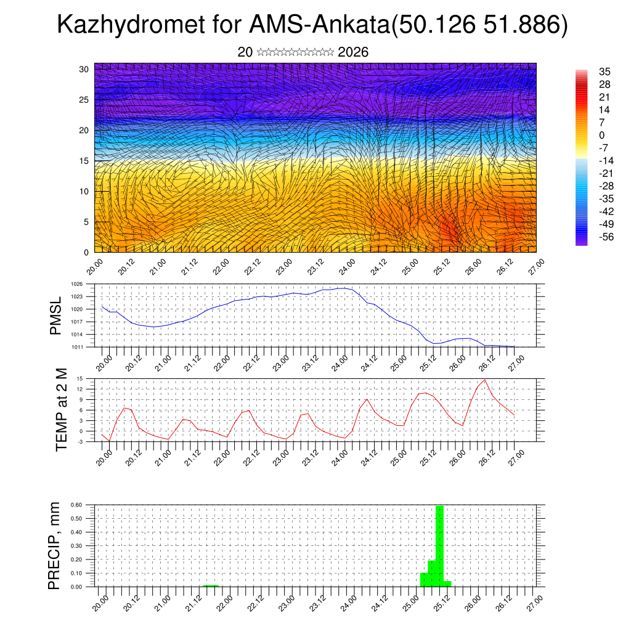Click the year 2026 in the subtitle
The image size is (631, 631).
(353, 52)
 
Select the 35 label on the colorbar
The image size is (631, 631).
(605, 71)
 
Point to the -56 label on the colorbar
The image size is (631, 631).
(605, 238)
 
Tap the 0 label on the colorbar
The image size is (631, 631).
(602, 136)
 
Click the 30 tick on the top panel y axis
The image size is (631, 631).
(84, 69)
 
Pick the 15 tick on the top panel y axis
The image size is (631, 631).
(84, 161)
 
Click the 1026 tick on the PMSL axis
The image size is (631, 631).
(76, 285)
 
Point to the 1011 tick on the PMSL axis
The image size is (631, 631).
(76, 347)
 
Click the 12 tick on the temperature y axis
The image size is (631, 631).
(80, 389)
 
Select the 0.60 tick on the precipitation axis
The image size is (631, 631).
(76, 505)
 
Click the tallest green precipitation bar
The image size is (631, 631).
(439, 545)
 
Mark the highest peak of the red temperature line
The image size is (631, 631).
(485, 380)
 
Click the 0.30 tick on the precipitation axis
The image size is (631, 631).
(76, 545)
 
